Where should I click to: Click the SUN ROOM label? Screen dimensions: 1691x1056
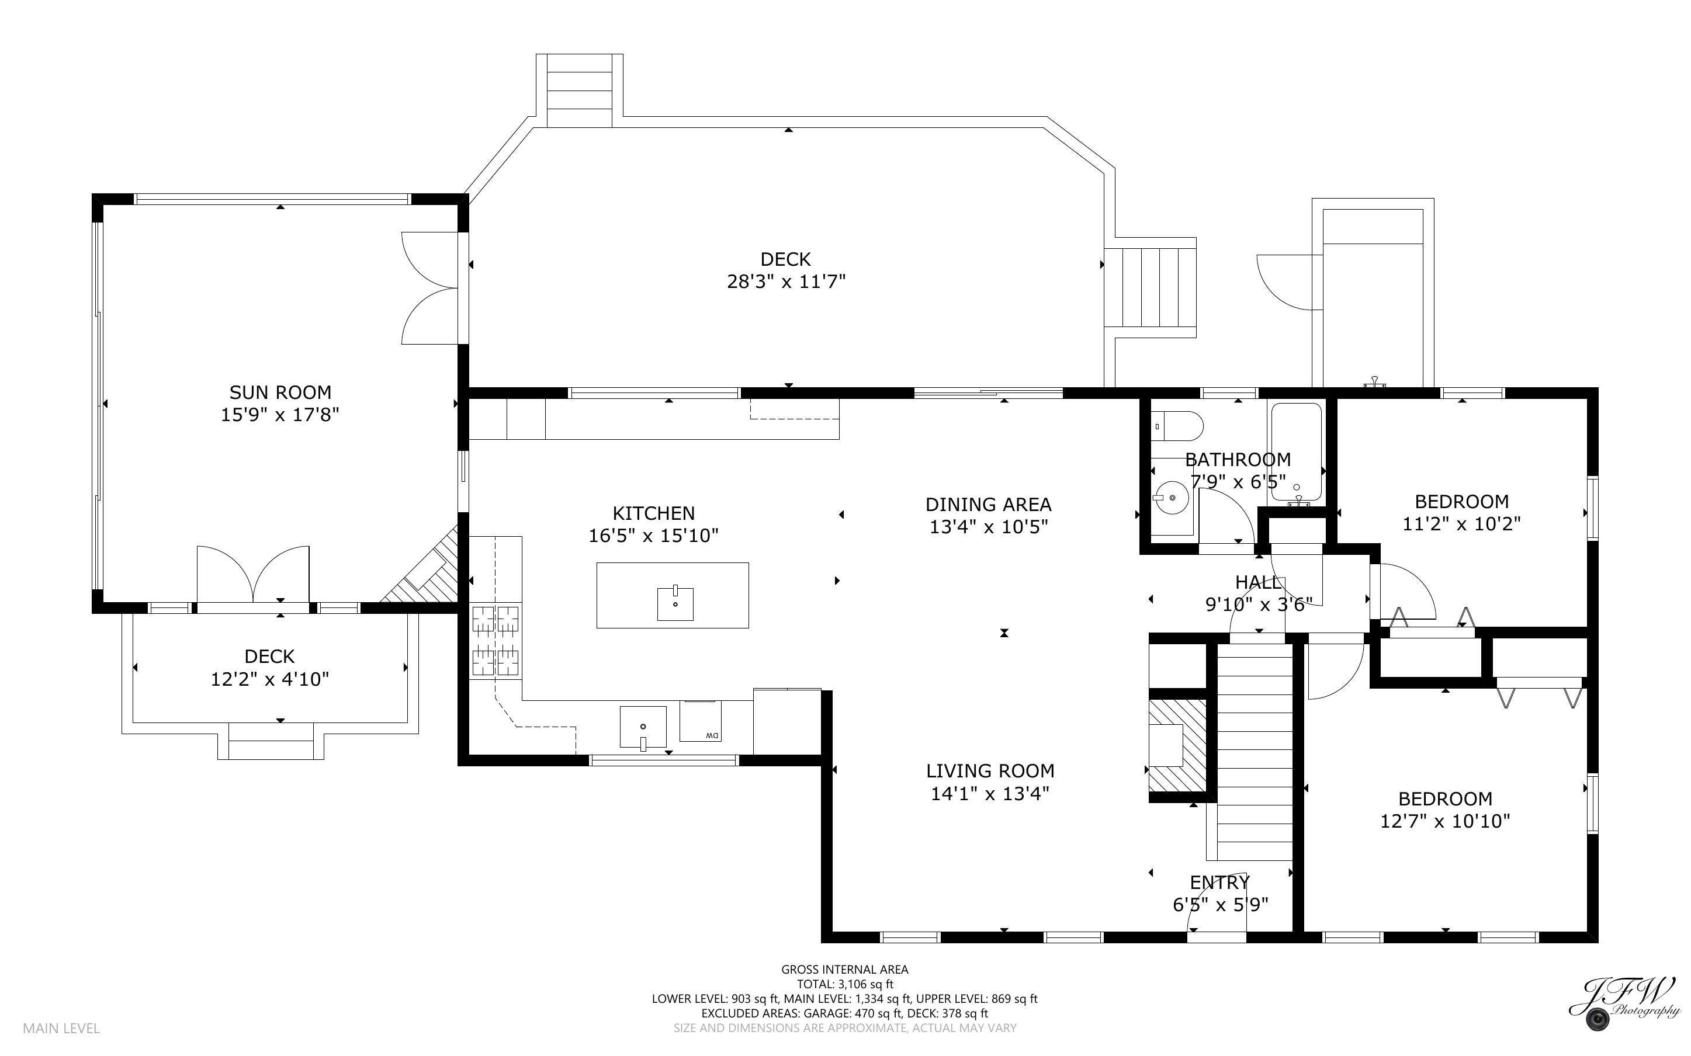point(280,392)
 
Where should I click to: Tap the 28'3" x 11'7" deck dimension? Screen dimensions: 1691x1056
point(786,282)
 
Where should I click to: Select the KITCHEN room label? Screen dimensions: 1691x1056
point(654,513)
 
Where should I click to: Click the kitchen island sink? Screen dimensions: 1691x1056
point(675,604)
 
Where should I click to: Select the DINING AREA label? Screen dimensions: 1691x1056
point(988,504)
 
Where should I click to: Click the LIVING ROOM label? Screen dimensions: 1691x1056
point(990,771)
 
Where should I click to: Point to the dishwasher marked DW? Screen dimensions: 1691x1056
point(701,721)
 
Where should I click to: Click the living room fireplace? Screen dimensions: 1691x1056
point(1177,746)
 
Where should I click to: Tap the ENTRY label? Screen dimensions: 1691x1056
point(1219,883)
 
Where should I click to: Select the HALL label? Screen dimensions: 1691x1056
point(1259,582)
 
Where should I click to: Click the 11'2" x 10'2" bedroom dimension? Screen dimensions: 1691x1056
point(1462,523)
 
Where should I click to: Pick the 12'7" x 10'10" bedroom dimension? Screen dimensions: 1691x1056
point(1445,821)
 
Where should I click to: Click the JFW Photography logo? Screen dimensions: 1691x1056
point(1624,1003)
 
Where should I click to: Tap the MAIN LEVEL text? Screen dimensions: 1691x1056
point(61,1028)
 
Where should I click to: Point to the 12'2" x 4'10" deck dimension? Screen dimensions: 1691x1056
point(269,679)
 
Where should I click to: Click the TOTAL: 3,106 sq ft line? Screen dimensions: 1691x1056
point(845,984)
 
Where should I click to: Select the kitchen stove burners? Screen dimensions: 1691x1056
point(496,641)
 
